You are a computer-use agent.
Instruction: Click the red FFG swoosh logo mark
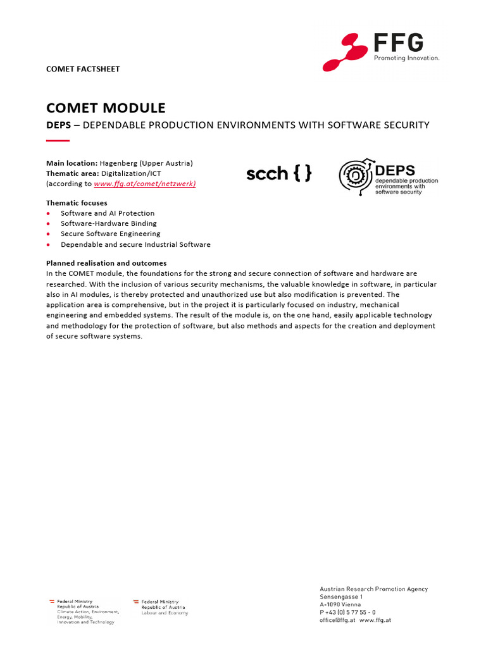pyautogui.click(x=345, y=53)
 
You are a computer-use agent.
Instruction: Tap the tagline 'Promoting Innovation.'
pyautogui.click(x=406, y=58)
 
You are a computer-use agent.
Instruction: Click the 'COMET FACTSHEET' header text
pyautogui.click(x=82, y=69)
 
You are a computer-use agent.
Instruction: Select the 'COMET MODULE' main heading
pyautogui.click(x=106, y=108)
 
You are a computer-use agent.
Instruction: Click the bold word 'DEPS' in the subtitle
pyautogui.click(x=58, y=125)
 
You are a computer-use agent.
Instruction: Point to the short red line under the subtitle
pyautogui.click(x=58, y=140)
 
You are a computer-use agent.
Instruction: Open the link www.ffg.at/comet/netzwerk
pyautogui.click(x=145, y=184)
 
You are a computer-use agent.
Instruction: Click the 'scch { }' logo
pyautogui.click(x=278, y=174)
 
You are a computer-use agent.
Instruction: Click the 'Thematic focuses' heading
pyautogui.click(x=77, y=203)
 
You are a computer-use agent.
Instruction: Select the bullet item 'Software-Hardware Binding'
pyautogui.click(x=109, y=223)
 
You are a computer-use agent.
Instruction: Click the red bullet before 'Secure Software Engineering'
pyautogui.click(x=49, y=234)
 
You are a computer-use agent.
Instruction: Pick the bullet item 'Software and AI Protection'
pyautogui.click(x=108, y=213)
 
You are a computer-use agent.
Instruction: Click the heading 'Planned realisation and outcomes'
pyautogui.click(x=106, y=263)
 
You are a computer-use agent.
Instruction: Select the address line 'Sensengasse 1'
pyautogui.click(x=341, y=597)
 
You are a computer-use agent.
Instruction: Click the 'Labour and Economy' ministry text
pyautogui.click(x=165, y=613)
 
